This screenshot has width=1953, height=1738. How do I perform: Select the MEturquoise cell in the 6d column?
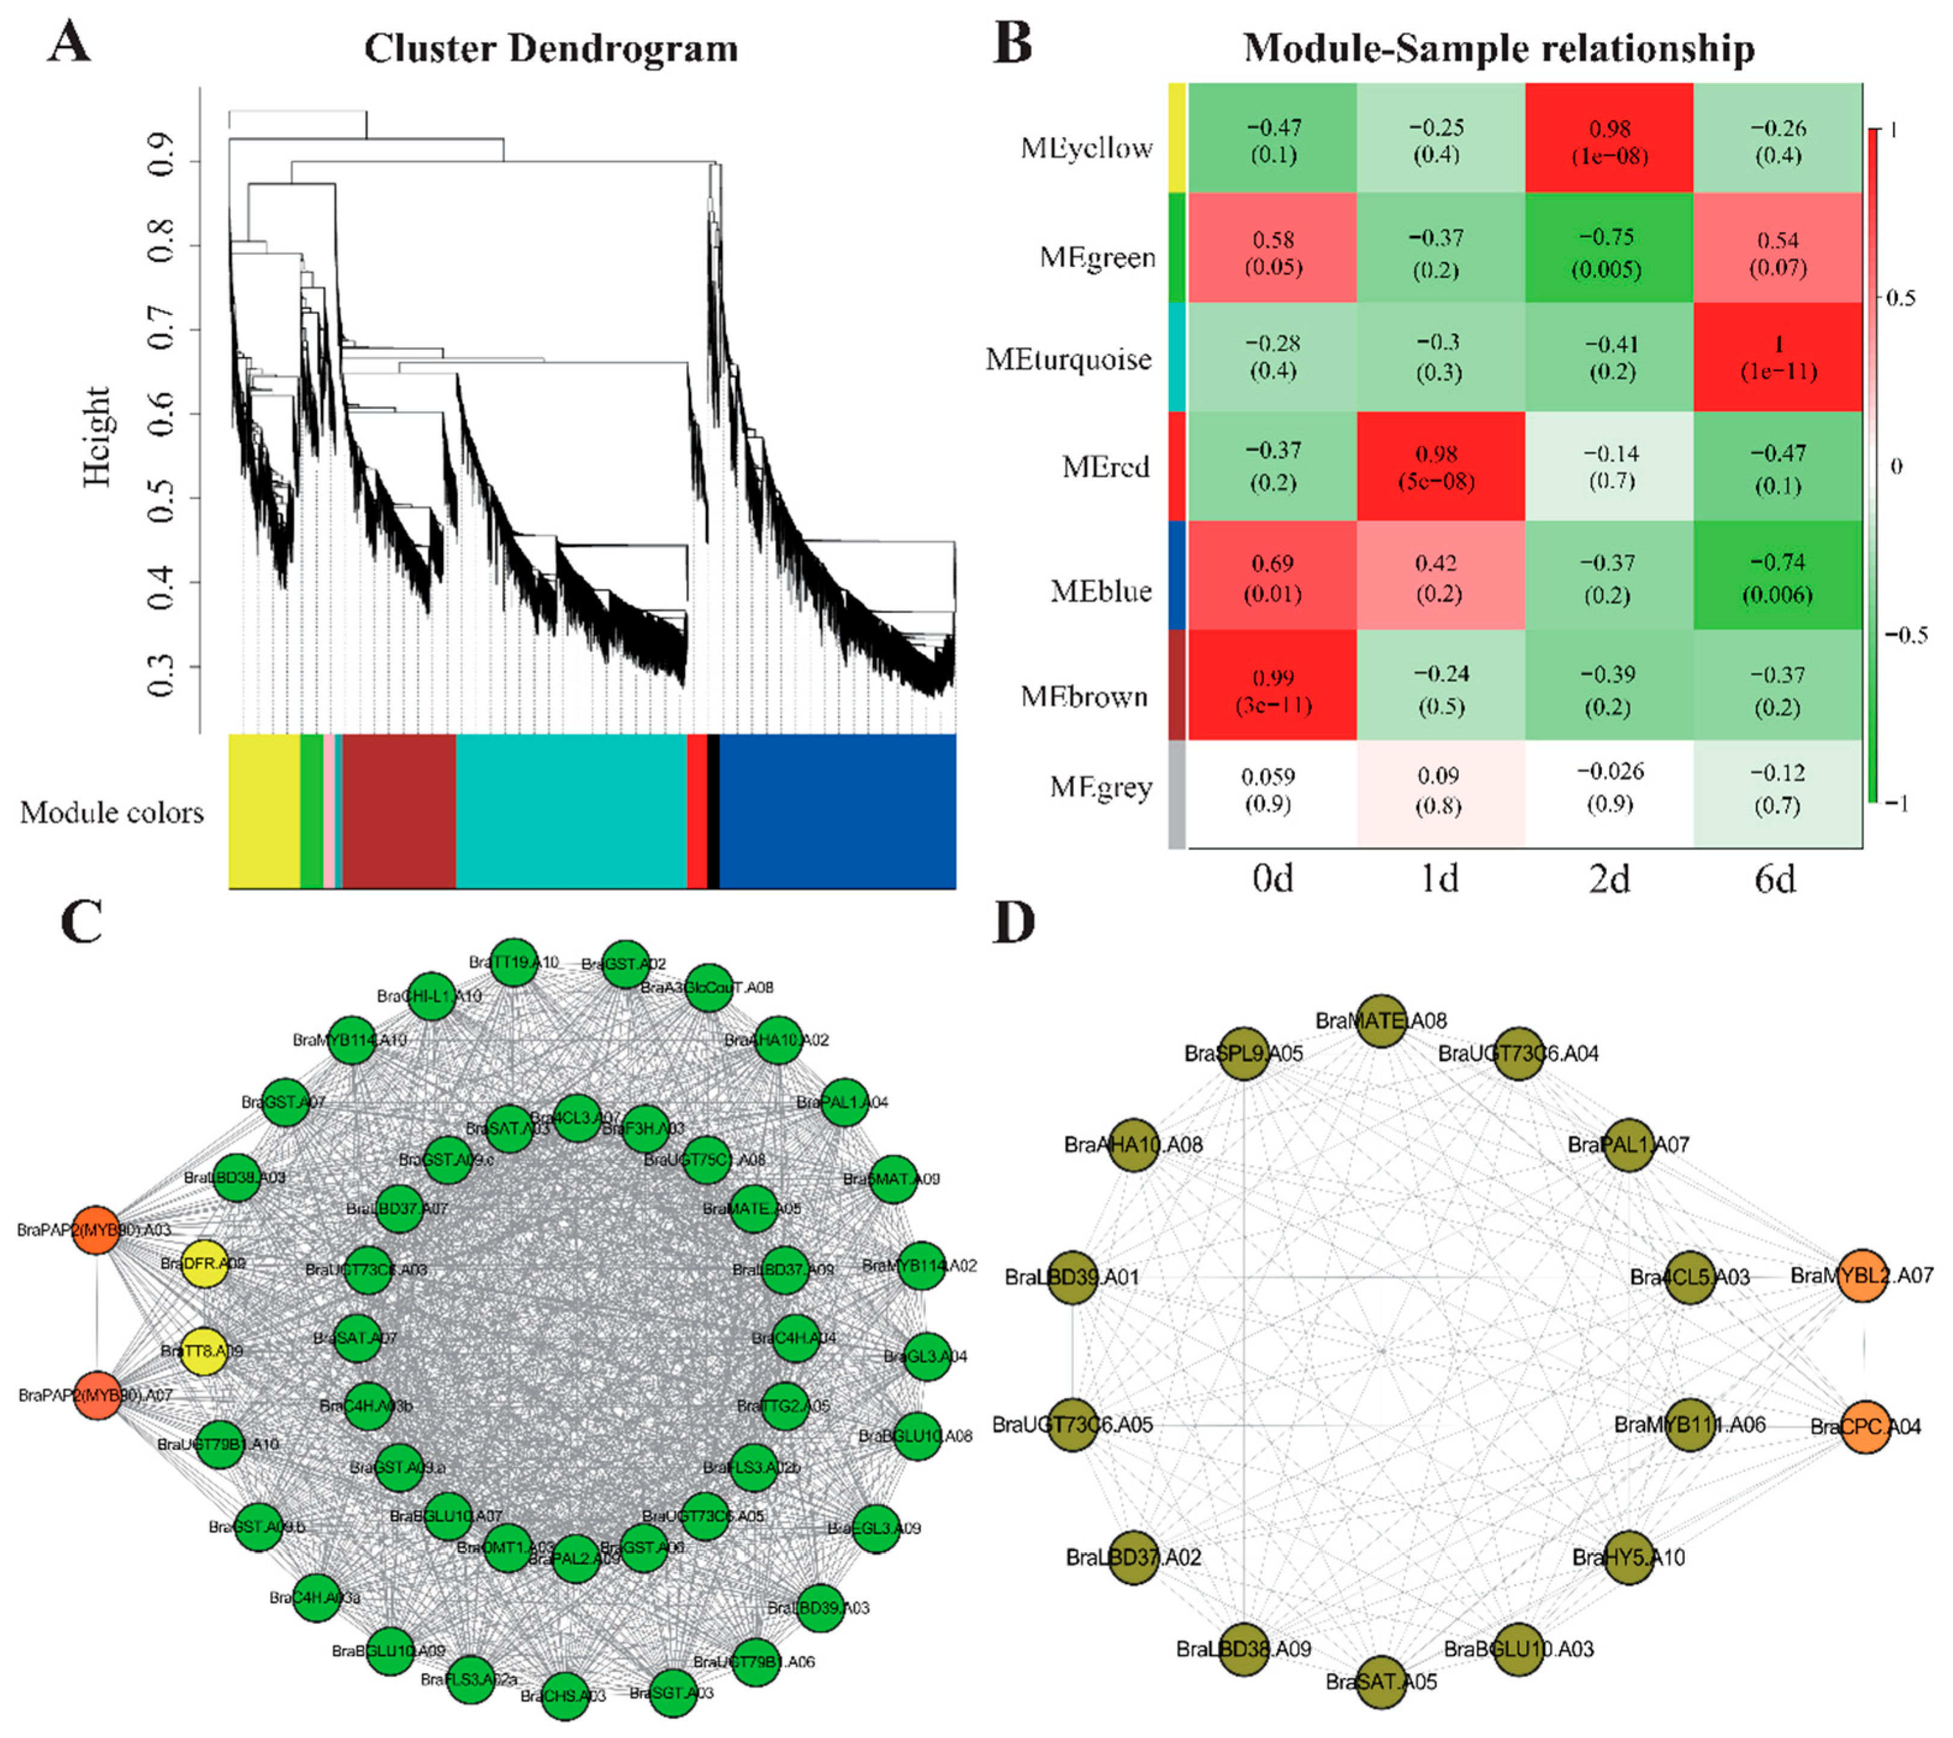tap(1777, 357)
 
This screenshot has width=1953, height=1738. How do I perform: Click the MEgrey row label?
tap(1101, 788)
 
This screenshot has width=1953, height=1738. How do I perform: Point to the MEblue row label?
tap(1101, 592)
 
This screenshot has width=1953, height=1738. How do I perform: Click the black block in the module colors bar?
tap(713, 811)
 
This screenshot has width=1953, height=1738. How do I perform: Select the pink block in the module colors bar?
tap(329, 811)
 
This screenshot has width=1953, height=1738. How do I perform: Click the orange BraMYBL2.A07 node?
tap(1863, 1276)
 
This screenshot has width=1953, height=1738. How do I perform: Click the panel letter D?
tap(1015, 923)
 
